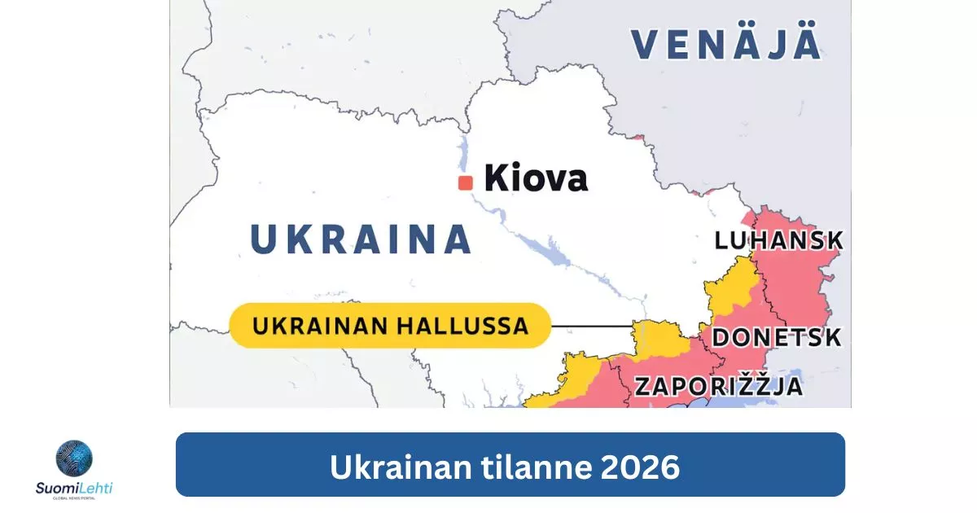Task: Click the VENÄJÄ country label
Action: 726,44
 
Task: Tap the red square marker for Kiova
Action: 466,183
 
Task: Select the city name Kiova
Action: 536,178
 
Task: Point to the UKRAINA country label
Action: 361,239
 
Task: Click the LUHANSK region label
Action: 778,241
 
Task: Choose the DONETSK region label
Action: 777,337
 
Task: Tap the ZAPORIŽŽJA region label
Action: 719,386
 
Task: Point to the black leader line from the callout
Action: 592,327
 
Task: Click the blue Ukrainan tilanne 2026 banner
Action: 510,465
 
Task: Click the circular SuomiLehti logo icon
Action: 74,458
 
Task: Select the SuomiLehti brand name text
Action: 74,488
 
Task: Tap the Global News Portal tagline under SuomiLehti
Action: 74,499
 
